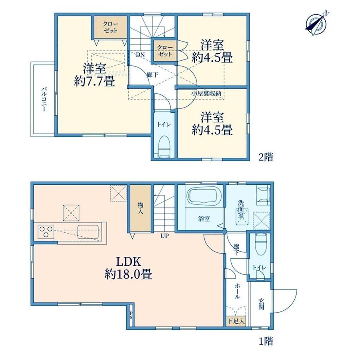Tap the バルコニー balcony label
tap(43, 99)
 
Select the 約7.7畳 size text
tap(94, 81)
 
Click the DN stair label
tap(140, 55)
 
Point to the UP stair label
tap(164, 236)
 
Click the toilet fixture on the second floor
tap(164, 146)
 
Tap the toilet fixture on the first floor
tap(261, 244)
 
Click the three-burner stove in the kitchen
tap(46, 232)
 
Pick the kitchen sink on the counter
tap(88, 232)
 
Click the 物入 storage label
tap(140, 208)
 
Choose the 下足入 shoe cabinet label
tap(236, 321)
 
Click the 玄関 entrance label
tap(261, 304)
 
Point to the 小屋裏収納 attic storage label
tap(206, 94)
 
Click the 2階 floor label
tap(266, 157)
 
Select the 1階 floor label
tap(266, 341)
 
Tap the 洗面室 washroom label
tap(241, 209)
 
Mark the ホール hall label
tap(237, 291)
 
